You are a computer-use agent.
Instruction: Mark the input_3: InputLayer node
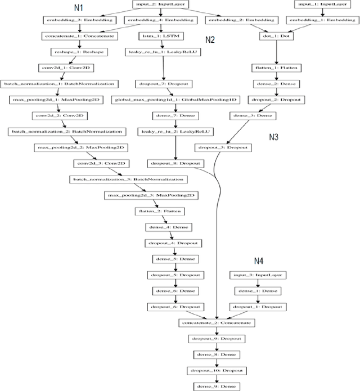(x=259, y=275)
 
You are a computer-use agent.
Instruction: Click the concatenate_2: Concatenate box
(x=217, y=323)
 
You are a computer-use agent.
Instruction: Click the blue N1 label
(x=79, y=8)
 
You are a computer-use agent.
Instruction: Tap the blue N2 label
(x=210, y=41)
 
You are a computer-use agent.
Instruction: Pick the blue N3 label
(x=274, y=136)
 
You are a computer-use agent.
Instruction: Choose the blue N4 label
(x=259, y=260)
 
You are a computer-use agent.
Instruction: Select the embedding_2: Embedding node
(x=232, y=20)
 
